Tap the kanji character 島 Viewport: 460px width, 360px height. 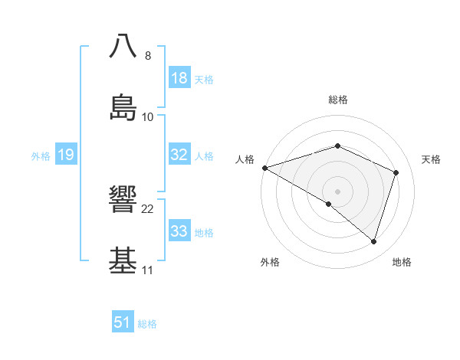coord(123,106)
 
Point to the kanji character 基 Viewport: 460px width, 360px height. coord(123,260)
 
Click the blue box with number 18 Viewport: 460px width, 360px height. coord(179,78)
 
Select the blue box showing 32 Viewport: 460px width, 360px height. coord(179,155)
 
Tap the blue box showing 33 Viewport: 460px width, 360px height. coord(179,231)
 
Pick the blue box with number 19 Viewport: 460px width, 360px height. coord(66,155)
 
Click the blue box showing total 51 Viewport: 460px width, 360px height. coord(123,322)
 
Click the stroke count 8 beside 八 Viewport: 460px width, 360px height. coord(148,56)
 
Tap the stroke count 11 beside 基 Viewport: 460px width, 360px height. coord(147,270)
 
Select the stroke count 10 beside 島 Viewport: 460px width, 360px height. coord(148,117)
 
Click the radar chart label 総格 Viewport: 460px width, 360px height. coord(338,100)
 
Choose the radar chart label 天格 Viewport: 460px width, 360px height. coord(432,159)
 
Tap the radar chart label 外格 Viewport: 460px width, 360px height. coord(270,262)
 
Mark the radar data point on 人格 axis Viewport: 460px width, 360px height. coord(264,168)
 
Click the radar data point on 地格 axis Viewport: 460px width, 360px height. coord(373,241)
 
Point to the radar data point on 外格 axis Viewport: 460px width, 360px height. coord(329,204)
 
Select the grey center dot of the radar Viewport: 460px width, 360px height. coord(337,191)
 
